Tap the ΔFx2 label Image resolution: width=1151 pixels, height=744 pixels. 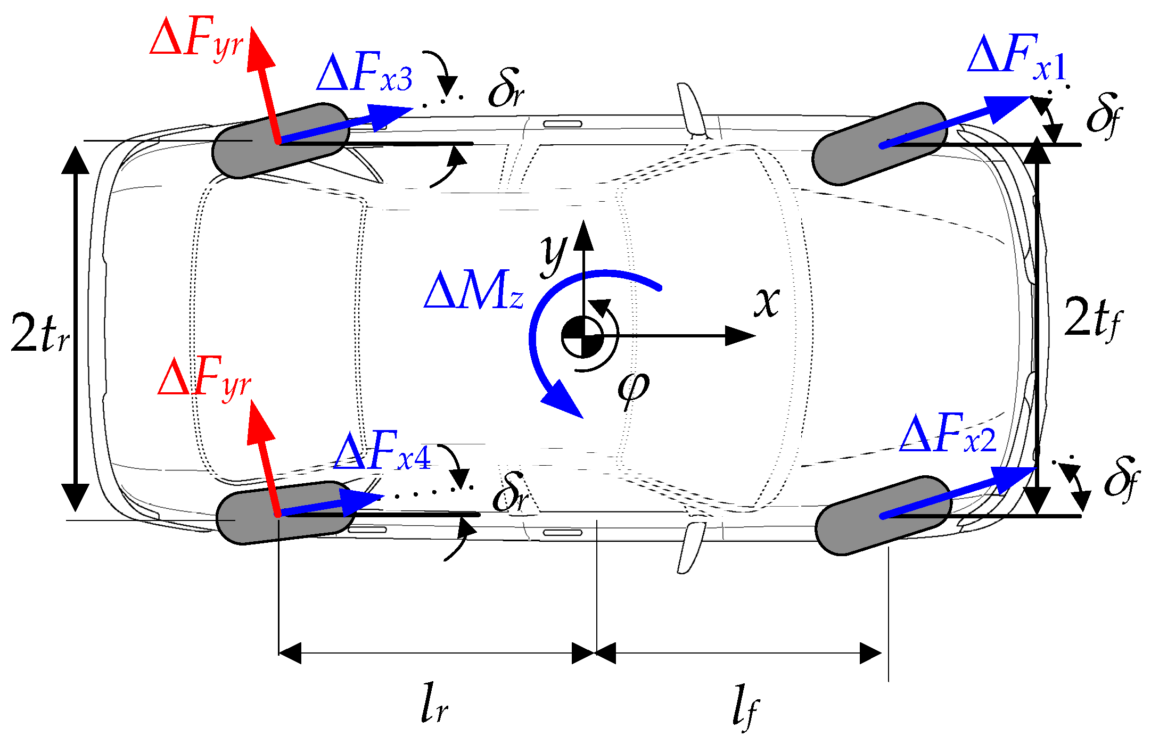pos(947,434)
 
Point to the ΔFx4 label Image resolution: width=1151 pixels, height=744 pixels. pos(382,452)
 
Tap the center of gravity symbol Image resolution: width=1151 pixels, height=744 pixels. pos(583,336)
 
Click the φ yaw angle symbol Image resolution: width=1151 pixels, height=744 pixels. pos(634,388)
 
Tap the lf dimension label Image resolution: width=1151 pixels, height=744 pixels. pos(745,705)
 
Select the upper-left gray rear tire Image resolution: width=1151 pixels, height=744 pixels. pos(281,140)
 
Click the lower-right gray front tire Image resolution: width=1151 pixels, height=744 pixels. pos(883,515)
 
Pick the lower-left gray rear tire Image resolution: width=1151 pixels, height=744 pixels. pos(285,512)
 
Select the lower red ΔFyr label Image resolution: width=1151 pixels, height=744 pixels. pos(204,378)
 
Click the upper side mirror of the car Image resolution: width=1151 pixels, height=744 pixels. pos(692,109)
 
